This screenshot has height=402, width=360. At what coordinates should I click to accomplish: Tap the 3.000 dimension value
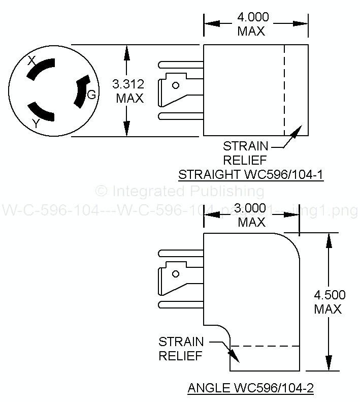[x=251, y=208]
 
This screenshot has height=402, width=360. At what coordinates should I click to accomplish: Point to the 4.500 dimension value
[x=330, y=295]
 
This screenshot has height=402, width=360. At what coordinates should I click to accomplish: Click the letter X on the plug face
[x=31, y=60]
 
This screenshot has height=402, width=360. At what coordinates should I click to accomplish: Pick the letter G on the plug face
[x=91, y=95]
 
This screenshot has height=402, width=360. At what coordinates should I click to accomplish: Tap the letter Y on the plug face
[x=36, y=123]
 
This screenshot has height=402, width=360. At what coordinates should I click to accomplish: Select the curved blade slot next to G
[x=81, y=92]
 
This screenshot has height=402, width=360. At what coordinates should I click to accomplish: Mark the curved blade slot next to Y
[x=41, y=112]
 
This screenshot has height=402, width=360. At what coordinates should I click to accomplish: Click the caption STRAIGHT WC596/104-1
[x=251, y=175]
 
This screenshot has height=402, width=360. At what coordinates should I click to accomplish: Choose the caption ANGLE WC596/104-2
[x=251, y=389]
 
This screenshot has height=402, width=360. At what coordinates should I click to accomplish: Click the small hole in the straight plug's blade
[x=176, y=85]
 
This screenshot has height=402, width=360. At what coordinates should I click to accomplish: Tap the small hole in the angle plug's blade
[x=176, y=274]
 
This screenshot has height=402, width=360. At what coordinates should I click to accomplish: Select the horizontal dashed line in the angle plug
[x=264, y=346]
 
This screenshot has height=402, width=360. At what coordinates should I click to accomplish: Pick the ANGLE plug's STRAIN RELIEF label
[x=181, y=348]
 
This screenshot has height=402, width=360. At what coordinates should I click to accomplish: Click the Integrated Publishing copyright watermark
[x=180, y=191]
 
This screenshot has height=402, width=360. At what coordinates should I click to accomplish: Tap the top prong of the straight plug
[x=180, y=65]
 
